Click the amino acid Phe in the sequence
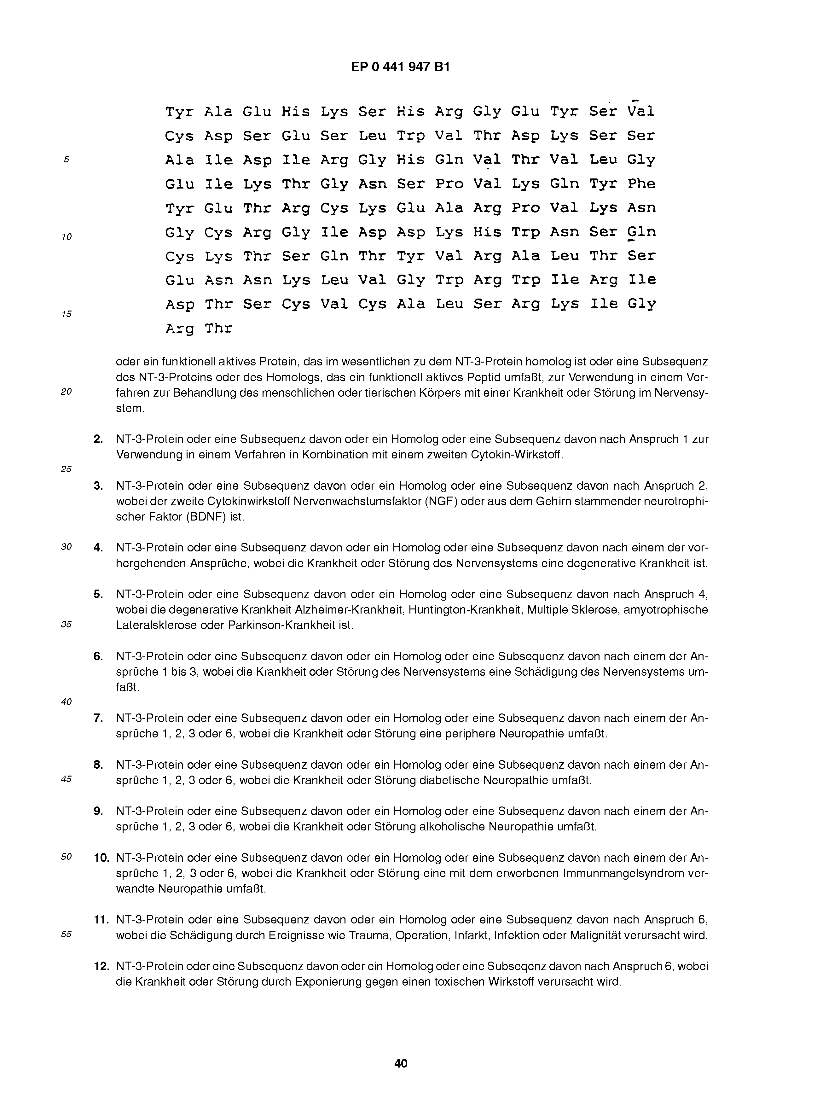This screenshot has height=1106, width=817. pos(641,184)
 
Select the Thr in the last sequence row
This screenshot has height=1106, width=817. pos(218,329)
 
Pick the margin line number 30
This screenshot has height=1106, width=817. pos(66,547)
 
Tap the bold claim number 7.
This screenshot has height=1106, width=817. pos(98,718)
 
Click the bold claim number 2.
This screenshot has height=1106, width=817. pos(98,439)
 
